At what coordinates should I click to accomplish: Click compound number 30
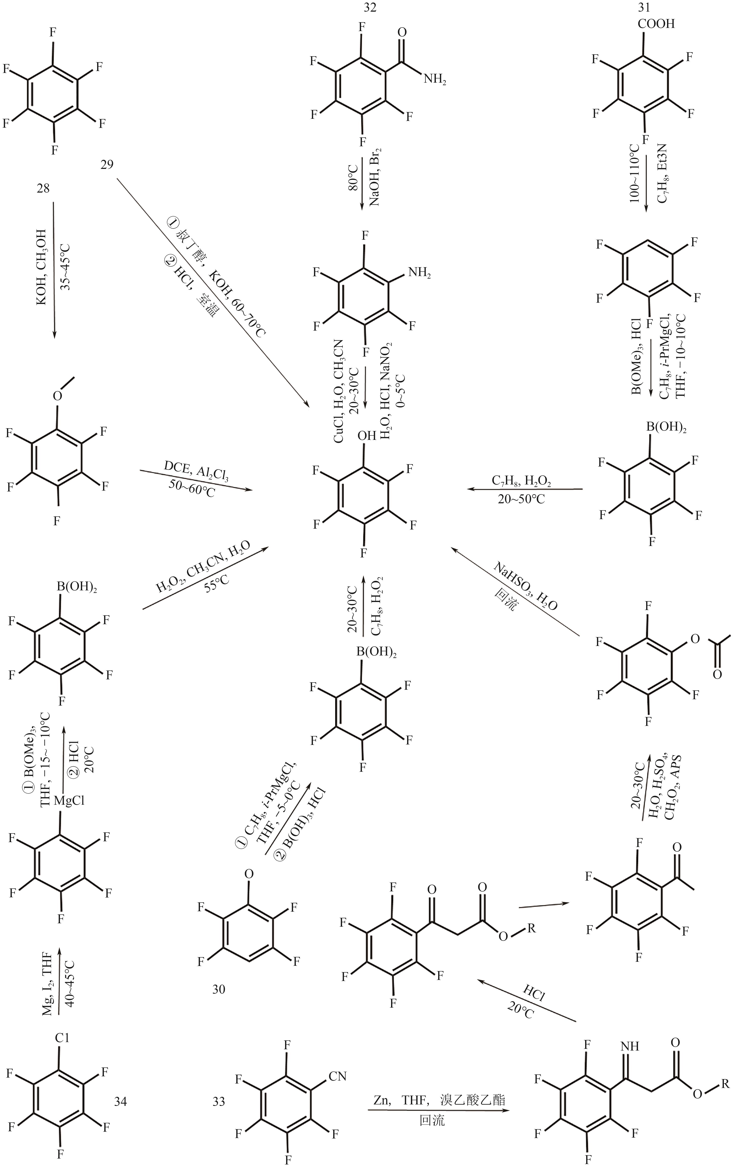click(219, 989)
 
